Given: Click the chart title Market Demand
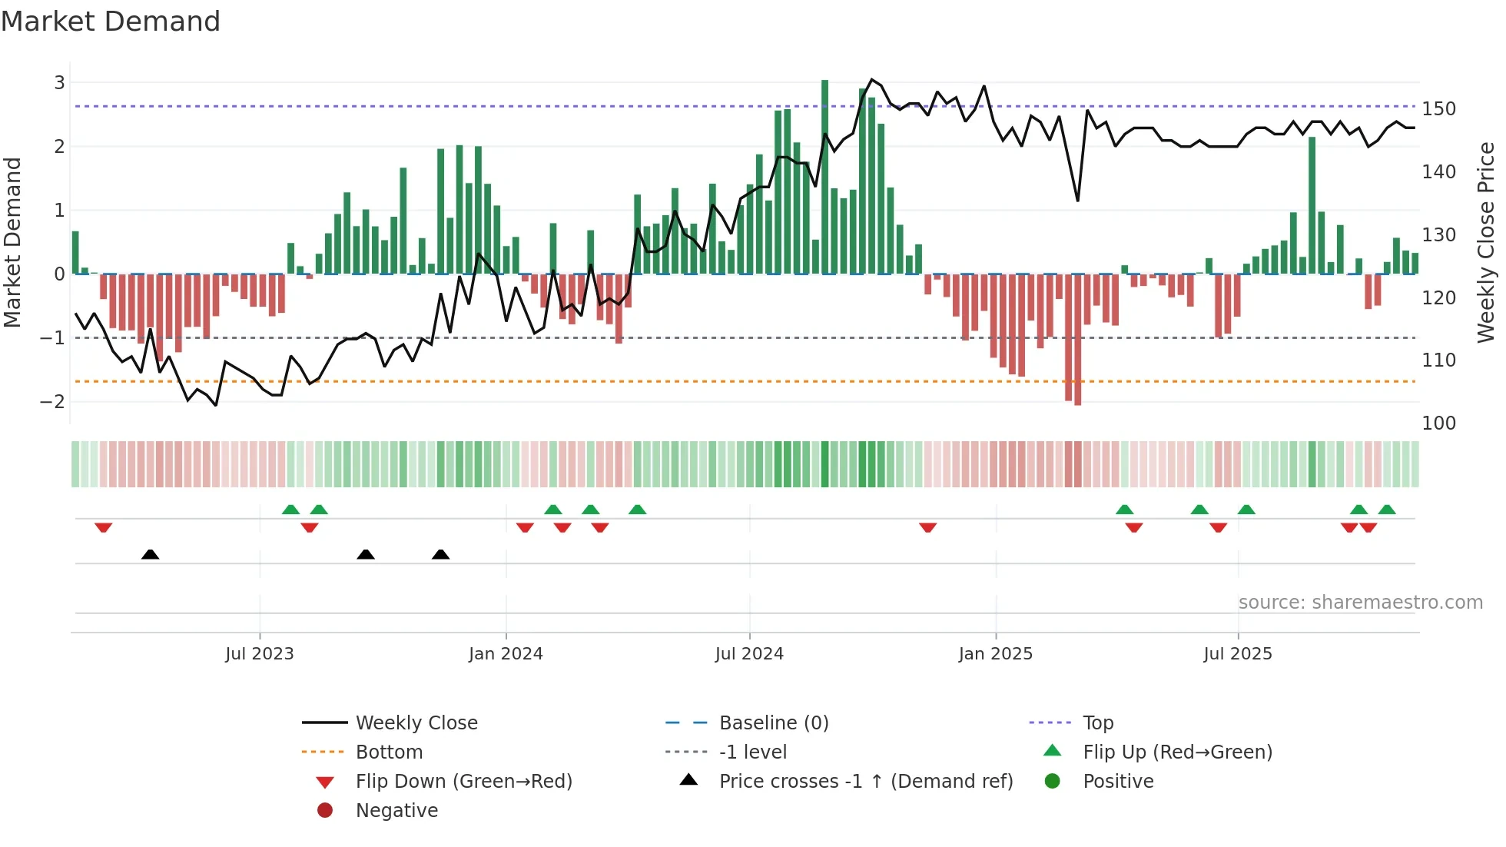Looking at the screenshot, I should pyautogui.click(x=111, y=22).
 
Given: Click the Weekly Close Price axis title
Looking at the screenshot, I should pyautogui.click(x=1486, y=242).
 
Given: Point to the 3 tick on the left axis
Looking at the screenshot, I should pyautogui.click(x=59, y=82).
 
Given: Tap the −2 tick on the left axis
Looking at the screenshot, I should pyautogui.click(x=53, y=401).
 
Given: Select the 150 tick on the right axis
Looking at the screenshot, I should pyautogui.click(x=1438, y=109).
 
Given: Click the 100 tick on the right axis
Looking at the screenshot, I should pyautogui.click(x=1438, y=423).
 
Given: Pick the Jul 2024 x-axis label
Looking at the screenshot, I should pyautogui.click(x=749, y=654).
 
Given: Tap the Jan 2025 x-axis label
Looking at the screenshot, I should pyautogui.click(x=995, y=654).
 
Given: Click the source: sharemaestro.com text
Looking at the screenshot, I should pyautogui.click(x=1360, y=603).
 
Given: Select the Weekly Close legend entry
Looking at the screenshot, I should pyautogui.click(x=416, y=723).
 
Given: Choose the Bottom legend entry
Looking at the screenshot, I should pyautogui.click(x=389, y=752).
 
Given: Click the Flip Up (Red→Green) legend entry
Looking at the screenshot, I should pyautogui.click(x=1177, y=752).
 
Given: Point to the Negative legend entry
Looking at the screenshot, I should pyautogui.click(x=396, y=811).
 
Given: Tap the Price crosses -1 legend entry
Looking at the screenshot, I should pyautogui.click(x=865, y=782).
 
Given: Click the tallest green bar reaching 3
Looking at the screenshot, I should pyautogui.click(x=824, y=177).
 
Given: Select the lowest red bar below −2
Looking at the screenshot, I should pyautogui.click(x=1078, y=340).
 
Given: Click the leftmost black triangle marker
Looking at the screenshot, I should pyautogui.click(x=151, y=555).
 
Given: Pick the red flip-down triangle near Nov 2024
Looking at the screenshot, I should pyautogui.click(x=927, y=527).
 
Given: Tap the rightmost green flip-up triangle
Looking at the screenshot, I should pyautogui.click(x=1387, y=510).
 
